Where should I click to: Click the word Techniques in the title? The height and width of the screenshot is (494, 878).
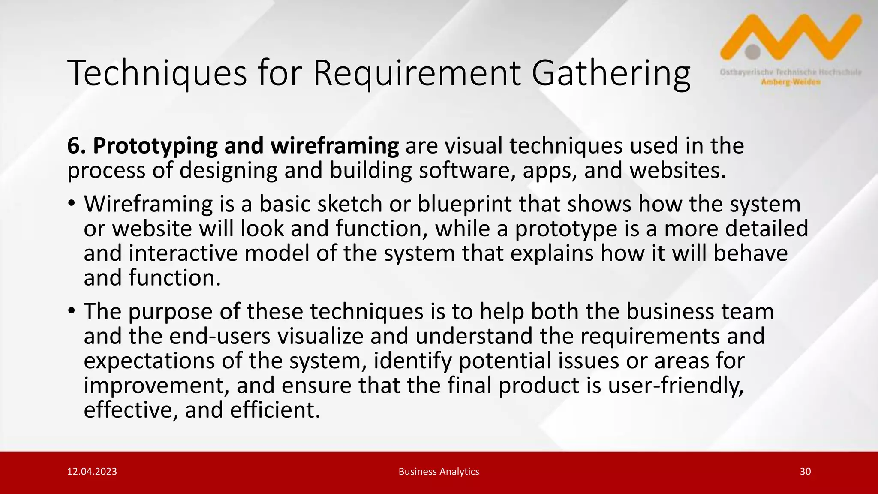[x=157, y=74]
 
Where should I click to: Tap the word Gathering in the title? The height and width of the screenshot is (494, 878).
[x=610, y=74]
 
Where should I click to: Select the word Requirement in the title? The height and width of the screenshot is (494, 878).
[x=417, y=74]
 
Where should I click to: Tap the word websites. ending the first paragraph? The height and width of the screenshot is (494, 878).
[x=677, y=170]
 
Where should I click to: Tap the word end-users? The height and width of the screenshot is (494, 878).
[x=220, y=336]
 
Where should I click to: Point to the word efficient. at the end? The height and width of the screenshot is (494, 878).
[x=275, y=410]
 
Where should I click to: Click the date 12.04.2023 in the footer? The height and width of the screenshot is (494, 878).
[x=92, y=472]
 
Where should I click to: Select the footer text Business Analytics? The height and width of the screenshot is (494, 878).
[x=439, y=472]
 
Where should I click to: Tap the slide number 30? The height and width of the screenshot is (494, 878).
[x=805, y=472]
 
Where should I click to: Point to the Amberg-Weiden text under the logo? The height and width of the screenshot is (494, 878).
[x=791, y=82]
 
